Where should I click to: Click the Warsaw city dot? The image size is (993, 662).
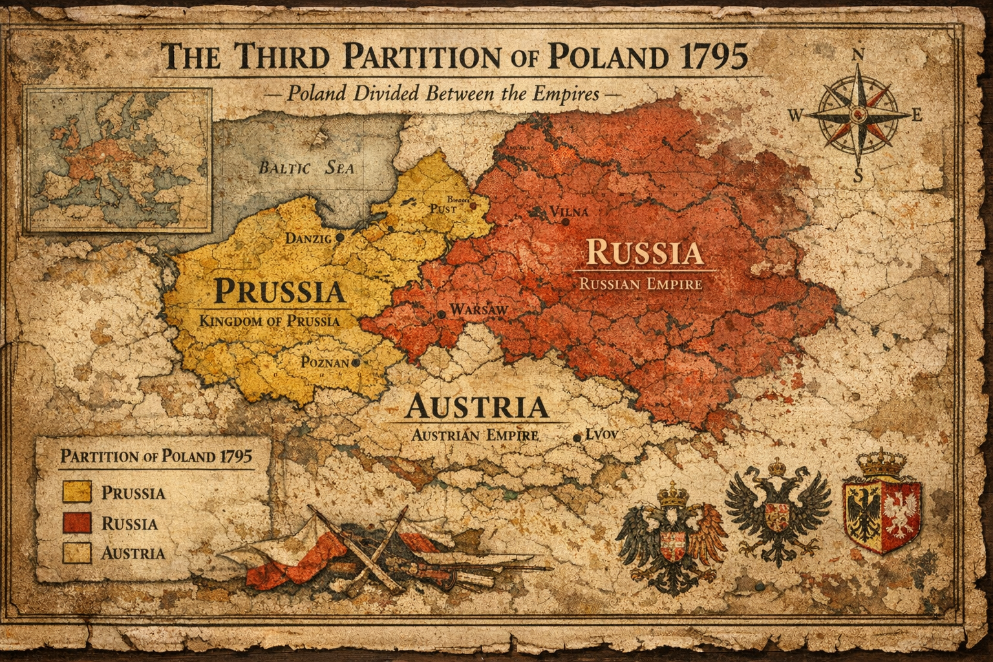tap(441, 314)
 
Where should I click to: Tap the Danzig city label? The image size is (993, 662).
tap(308, 239)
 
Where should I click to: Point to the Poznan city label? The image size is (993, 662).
tap(325, 362)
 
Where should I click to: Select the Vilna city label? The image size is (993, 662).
tap(569, 212)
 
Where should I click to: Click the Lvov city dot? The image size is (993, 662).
tap(577, 438)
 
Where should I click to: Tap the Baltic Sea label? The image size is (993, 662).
tap(306, 168)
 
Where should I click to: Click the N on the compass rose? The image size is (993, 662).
tap(859, 56)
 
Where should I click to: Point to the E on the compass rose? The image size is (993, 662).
tap(915, 116)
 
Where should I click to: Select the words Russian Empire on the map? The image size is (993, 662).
tap(640, 283)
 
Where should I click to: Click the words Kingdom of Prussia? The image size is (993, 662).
tap(269, 320)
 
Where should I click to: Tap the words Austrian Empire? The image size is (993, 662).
tap(475, 435)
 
